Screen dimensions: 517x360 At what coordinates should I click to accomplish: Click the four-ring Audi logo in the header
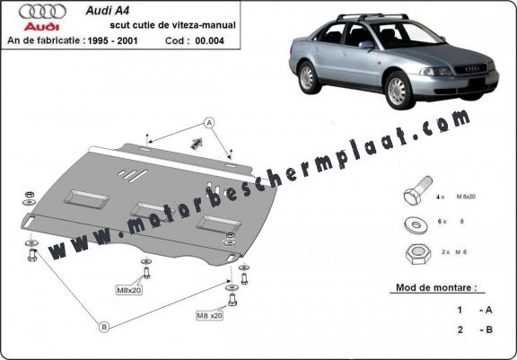tap(42, 12)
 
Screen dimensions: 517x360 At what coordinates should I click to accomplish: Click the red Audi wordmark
tap(41, 27)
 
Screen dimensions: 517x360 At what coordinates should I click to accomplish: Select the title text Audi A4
tap(108, 11)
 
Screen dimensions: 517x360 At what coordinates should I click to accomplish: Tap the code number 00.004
tap(209, 40)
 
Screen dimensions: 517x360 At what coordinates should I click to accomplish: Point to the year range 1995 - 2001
tap(112, 40)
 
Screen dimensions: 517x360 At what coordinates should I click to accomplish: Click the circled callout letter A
tap(209, 123)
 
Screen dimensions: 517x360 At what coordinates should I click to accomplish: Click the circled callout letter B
tap(104, 327)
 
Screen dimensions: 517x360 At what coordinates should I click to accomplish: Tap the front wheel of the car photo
tap(399, 91)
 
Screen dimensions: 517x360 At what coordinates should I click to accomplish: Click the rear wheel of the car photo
tap(308, 77)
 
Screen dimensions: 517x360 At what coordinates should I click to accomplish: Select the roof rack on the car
tap(371, 16)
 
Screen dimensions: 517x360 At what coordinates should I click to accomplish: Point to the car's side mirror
tap(366, 45)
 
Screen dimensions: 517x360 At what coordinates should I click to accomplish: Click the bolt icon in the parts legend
tap(417, 191)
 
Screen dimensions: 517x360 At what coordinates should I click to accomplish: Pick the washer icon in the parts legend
tap(416, 224)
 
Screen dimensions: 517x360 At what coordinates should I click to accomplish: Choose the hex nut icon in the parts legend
tap(418, 253)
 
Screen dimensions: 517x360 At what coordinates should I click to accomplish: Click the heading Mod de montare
tap(436, 287)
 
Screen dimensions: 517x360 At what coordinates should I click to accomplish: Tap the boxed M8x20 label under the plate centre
tap(129, 291)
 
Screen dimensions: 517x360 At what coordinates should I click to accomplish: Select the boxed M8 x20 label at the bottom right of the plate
tap(209, 315)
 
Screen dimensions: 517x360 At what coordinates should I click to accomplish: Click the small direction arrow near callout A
tap(197, 143)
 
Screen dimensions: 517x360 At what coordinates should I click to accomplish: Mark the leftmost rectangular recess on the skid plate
tap(87, 198)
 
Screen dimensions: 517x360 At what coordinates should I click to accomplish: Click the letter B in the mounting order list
tap(488, 329)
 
